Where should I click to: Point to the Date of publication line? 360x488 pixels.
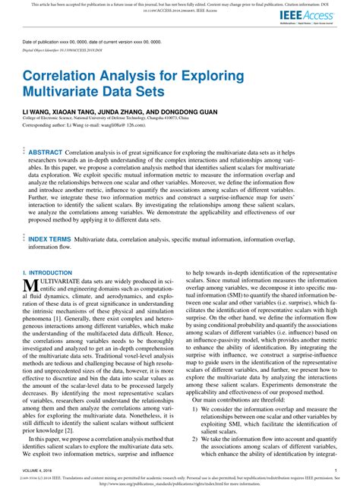[x=84, y=42]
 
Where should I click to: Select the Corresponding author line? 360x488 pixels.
[x=83, y=123]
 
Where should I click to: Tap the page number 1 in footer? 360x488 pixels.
[x=335, y=471]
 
